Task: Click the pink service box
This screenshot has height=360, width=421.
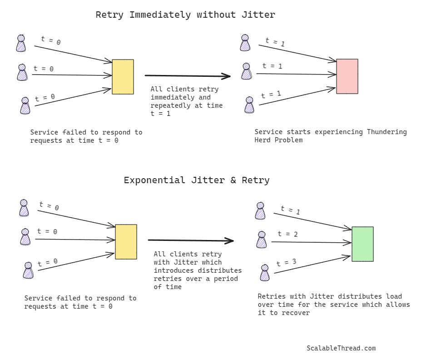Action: (x=347, y=76)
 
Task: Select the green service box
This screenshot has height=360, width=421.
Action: (x=362, y=244)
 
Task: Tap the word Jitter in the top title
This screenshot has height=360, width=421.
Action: (x=261, y=15)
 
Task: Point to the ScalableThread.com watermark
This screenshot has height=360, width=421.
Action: (x=341, y=348)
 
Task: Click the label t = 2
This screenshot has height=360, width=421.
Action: (x=288, y=234)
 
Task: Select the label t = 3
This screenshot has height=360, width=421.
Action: (x=287, y=262)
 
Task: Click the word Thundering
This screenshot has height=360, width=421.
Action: (x=386, y=132)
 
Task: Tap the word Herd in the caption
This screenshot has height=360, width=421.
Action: (x=263, y=140)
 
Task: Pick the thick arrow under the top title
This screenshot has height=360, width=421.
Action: (x=187, y=76)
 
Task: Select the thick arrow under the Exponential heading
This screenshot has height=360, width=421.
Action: (x=190, y=240)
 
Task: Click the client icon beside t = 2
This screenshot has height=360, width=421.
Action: (x=262, y=240)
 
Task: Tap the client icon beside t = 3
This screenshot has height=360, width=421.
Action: (x=265, y=273)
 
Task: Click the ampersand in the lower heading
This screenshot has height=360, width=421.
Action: (x=233, y=180)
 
